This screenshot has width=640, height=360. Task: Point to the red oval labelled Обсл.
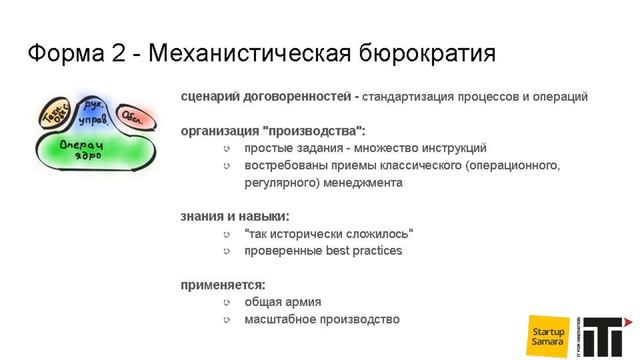coord(134,117)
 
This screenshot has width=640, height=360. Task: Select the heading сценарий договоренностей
coord(265,97)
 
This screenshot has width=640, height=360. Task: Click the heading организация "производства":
coord(273,131)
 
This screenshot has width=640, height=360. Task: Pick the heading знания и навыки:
coord(235,216)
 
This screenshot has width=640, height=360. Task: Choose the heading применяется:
coord(222,284)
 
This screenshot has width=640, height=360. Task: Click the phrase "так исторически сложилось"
coord(328,234)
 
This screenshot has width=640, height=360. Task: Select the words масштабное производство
coord(321,319)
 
